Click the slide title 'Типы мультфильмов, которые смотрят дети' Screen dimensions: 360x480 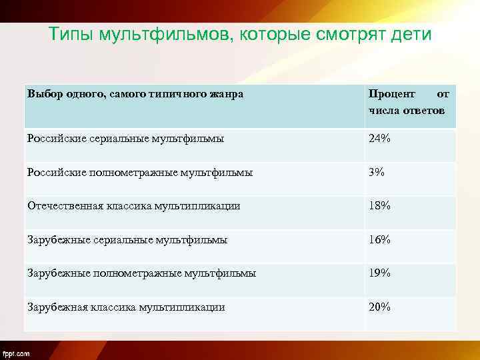coord(240,35)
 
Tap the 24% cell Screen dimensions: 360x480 coord(380,139)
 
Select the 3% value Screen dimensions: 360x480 coord(377,172)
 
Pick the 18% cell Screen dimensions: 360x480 coord(380,206)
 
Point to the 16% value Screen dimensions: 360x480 coord(380,239)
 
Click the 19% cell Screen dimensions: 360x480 coord(380,273)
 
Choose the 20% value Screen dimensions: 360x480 coord(380,307)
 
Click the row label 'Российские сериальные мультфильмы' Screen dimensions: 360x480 coord(125,139)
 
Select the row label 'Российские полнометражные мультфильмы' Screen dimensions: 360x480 coord(140,172)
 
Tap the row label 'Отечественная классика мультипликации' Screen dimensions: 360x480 coord(133,206)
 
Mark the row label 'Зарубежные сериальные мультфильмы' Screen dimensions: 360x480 coord(127,239)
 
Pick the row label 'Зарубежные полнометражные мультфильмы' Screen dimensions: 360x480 coord(141,273)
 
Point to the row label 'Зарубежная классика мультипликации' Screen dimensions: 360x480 coord(126,307)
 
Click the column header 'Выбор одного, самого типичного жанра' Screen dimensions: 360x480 coord(135,94)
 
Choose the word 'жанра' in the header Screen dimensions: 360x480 coord(228,94)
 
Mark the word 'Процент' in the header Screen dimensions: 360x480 coord(391,94)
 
